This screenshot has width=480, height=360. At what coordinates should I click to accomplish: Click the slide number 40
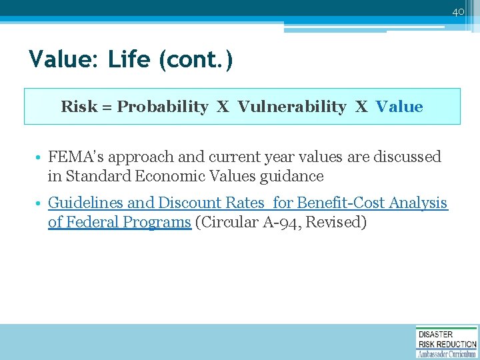[x=458, y=11]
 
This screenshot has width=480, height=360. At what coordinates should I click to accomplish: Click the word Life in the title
[x=129, y=59]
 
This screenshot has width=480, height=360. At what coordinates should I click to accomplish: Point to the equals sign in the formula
[x=106, y=107]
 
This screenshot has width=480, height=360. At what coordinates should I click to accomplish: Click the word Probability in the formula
[x=163, y=107]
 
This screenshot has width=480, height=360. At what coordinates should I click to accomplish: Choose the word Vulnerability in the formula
[x=292, y=107]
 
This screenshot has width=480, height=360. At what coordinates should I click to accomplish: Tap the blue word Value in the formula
[x=399, y=107]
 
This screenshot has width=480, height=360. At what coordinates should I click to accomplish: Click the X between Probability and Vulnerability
[x=223, y=107]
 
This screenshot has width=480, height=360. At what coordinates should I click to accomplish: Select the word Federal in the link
[x=95, y=222]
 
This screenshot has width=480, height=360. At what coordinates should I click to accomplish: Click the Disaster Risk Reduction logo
[x=446, y=342]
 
